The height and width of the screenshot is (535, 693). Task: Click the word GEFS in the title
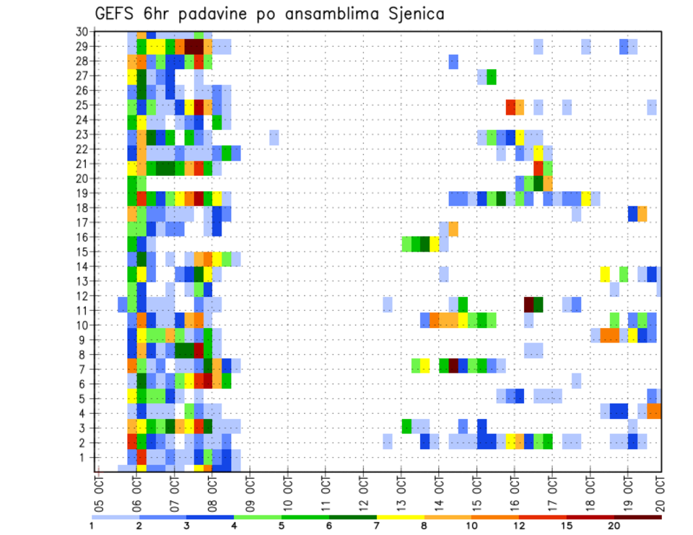click(x=118, y=14)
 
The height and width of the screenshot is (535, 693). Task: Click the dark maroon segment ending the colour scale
click(x=638, y=517)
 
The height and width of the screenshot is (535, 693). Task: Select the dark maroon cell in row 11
click(x=528, y=302)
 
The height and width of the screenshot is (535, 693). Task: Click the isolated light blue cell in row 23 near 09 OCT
click(x=274, y=137)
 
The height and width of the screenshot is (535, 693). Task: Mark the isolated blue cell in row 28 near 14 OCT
click(x=453, y=62)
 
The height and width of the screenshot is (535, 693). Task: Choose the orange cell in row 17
click(x=453, y=229)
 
